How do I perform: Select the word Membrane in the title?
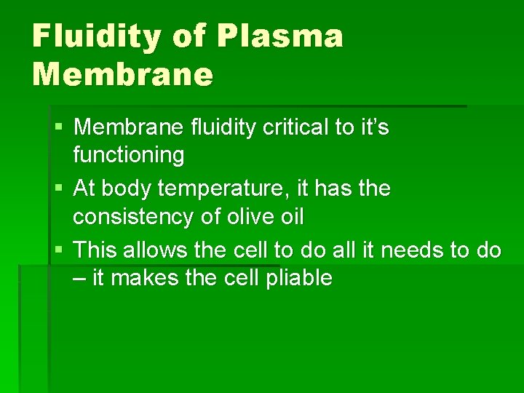[x=123, y=74]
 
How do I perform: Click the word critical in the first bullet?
[x=284, y=128]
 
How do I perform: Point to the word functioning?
[x=129, y=154]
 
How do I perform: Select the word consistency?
[x=135, y=216]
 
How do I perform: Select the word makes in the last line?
[x=154, y=278]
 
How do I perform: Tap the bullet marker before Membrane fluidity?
[x=59, y=129]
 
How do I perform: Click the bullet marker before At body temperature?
[x=59, y=190]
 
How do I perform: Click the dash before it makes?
[x=79, y=279]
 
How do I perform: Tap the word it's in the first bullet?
[x=373, y=128]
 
